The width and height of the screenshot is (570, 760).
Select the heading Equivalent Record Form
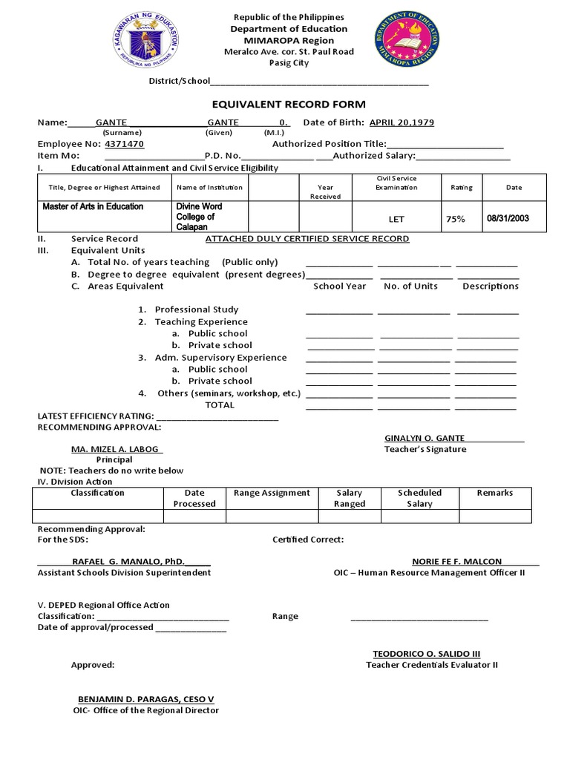tap(285, 105)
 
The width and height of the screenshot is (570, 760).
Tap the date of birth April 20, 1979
tap(402, 122)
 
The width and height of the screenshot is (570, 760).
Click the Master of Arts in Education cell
tap(93, 206)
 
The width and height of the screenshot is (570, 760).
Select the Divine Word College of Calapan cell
tap(199, 217)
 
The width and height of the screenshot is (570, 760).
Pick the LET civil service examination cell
tap(396, 220)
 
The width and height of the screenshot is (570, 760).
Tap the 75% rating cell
tap(455, 220)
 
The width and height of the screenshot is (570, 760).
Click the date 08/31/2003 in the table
tap(508, 219)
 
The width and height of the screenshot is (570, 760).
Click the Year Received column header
tap(325, 192)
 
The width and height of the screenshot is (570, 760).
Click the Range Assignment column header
tap(272, 493)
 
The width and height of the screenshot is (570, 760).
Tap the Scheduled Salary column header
tap(419, 498)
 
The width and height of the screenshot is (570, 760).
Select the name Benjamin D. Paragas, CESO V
tap(146, 699)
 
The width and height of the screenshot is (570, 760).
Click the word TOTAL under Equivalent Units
tap(220, 405)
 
